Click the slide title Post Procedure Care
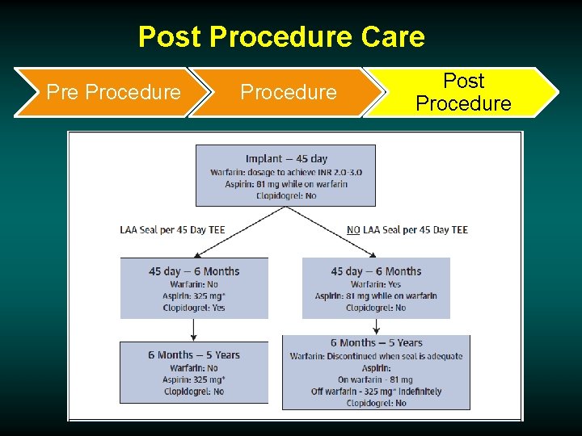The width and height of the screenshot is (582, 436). click(280, 36)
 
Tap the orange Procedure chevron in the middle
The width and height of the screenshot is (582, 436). click(288, 92)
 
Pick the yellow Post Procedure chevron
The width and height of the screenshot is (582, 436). click(462, 92)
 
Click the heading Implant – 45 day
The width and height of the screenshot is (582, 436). click(286, 159)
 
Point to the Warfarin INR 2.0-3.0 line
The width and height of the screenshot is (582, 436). click(286, 172)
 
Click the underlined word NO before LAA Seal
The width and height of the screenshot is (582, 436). click(353, 230)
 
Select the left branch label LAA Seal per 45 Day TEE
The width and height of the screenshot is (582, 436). click(172, 230)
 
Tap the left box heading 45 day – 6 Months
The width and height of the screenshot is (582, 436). click(194, 271)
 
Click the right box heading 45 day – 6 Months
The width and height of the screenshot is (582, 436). click(376, 271)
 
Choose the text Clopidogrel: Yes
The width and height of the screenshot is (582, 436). click(194, 308)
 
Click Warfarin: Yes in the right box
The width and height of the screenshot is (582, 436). click(376, 284)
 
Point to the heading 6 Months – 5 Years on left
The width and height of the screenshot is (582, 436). click(194, 355)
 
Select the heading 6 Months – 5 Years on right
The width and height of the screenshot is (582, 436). click(376, 343)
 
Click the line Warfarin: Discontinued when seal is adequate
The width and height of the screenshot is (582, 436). click(376, 356)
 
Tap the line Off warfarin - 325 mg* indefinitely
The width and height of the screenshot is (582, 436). click(376, 392)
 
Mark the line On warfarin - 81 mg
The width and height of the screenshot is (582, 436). click(376, 379)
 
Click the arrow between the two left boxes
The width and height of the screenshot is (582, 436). click(194, 329)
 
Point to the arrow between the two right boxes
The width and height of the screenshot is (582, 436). click(376, 326)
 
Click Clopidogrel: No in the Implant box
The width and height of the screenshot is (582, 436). click(286, 195)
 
